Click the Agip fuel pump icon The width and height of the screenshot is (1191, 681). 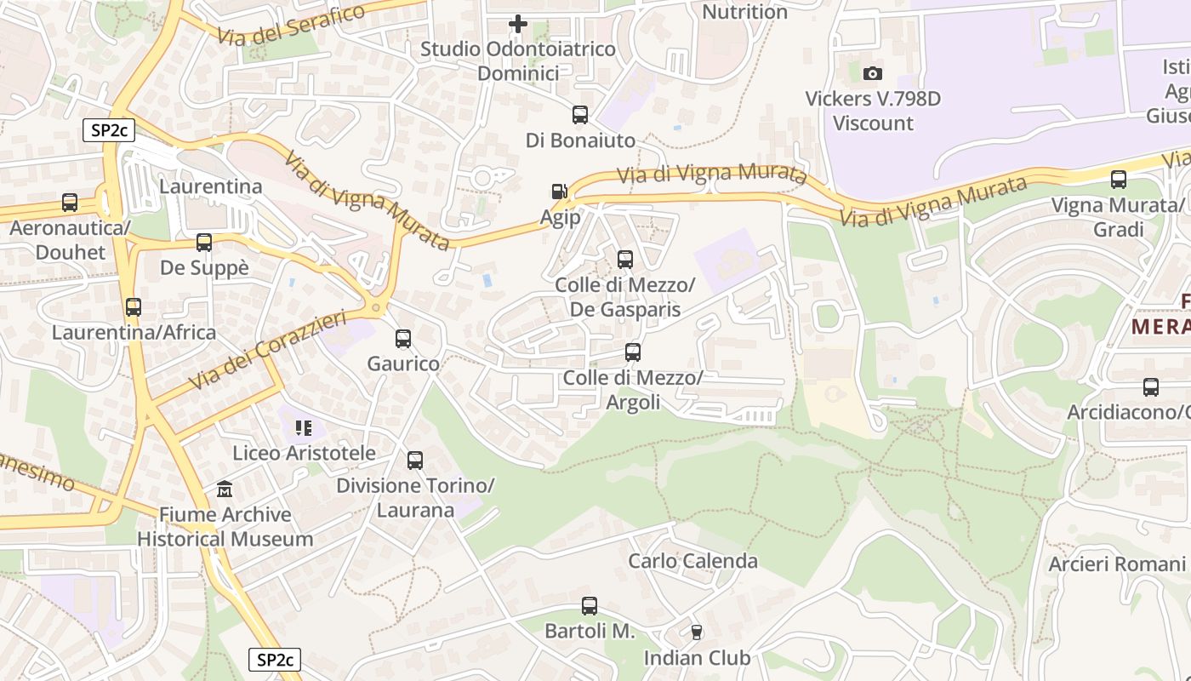(x=560, y=192)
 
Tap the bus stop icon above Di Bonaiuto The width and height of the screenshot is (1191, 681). (x=580, y=114)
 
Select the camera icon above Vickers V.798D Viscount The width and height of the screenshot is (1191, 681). (x=873, y=74)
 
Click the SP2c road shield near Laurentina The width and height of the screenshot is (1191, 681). (x=109, y=130)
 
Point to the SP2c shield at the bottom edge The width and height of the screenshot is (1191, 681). (x=275, y=660)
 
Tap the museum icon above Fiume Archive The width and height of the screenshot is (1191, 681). (x=225, y=489)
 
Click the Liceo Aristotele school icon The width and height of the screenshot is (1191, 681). (x=304, y=427)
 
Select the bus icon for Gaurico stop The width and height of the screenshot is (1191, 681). (x=403, y=339)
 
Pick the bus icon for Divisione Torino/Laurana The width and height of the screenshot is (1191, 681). (x=415, y=461)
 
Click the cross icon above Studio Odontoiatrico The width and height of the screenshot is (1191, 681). (x=517, y=24)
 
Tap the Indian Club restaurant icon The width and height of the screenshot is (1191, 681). (x=697, y=632)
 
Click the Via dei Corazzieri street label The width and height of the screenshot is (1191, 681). (x=268, y=351)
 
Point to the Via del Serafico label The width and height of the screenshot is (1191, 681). (x=291, y=25)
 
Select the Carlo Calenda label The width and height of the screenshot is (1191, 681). (x=692, y=561)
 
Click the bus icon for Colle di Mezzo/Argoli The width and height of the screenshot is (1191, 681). (x=632, y=352)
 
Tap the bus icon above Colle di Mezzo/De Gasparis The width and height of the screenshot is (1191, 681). (x=625, y=259)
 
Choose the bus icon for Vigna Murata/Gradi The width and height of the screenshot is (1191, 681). (x=1119, y=180)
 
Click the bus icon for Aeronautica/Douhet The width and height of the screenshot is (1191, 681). (x=70, y=203)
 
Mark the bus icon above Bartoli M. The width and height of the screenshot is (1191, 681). (x=590, y=606)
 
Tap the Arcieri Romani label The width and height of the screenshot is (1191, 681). (x=1116, y=564)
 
